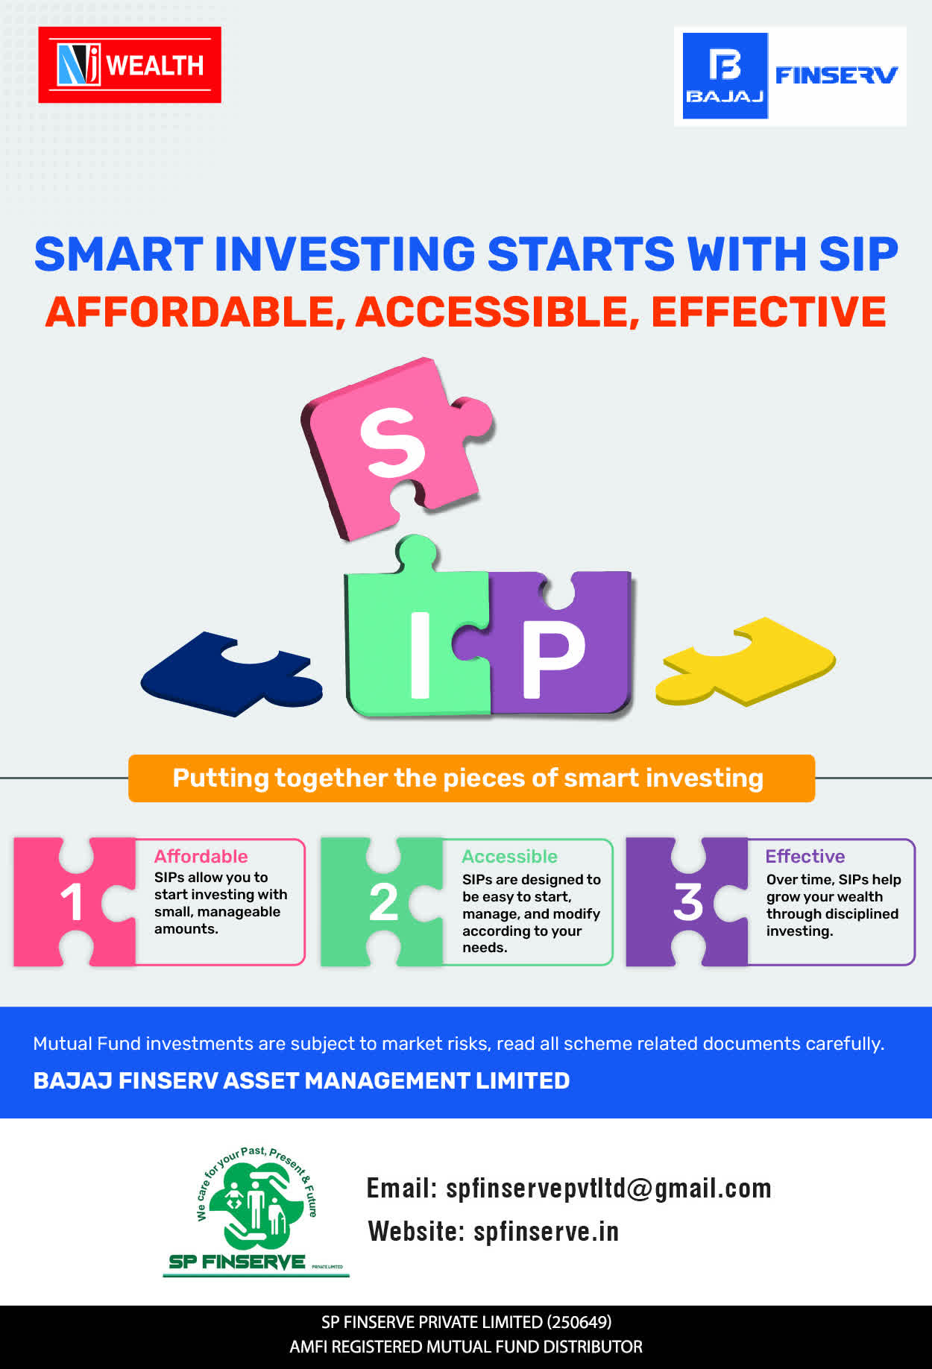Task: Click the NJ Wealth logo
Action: tap(130, 65)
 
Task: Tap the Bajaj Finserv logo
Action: tap(790, 76)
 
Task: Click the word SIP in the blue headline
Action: tap(858, 254)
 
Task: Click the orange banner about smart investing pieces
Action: tap(471, 778)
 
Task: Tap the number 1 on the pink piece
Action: tap(72, 902)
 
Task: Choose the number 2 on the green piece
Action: tap(383, 902)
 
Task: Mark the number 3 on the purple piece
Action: tap(688, 902)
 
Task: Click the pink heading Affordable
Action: tap(201, 856)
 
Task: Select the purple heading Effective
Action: tap(805, 856)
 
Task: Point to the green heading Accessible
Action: tap(509, 856)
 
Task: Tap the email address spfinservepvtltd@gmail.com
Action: tap(608, 1188)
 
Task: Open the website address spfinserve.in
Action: tap(546, 1231)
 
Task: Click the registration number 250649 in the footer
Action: tap(579, 1322)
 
